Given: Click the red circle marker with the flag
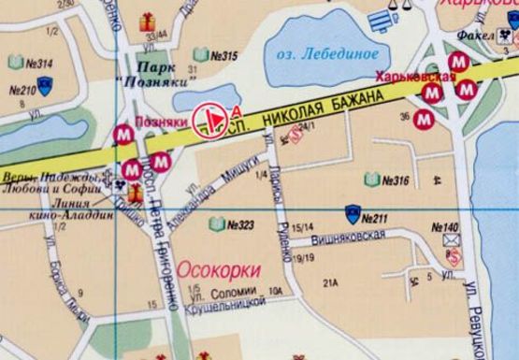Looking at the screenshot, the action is pos(210,120).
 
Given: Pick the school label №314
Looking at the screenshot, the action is pos(38,64).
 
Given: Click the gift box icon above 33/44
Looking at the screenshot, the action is pos(148,22).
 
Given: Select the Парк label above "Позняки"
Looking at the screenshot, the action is pos(154,67).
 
